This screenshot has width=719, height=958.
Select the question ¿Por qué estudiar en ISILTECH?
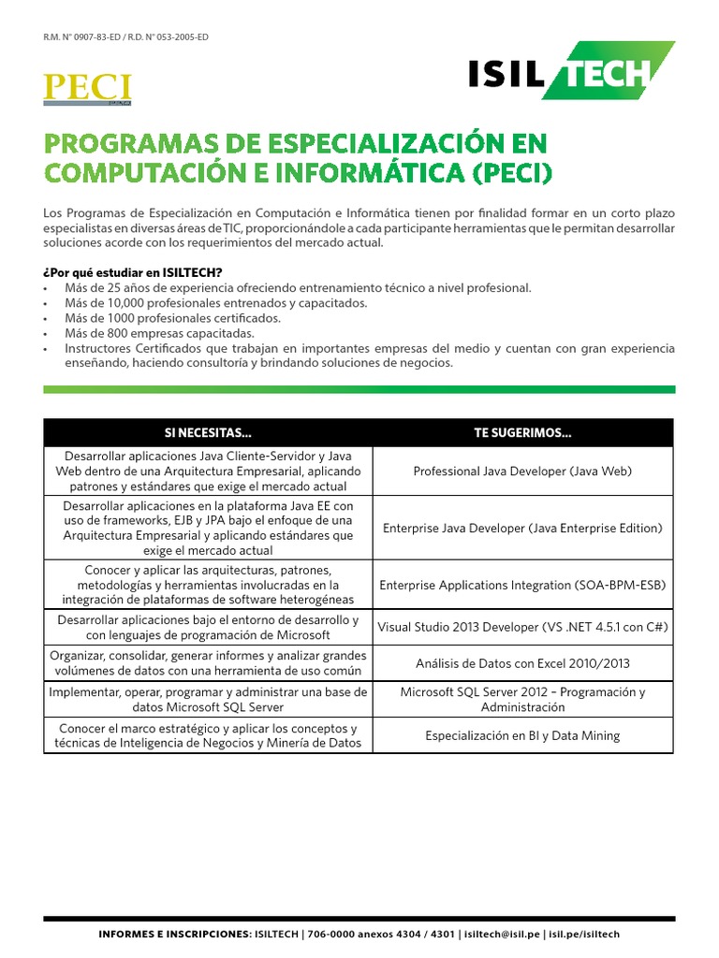(132, 272)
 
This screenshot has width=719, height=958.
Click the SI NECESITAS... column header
(208, 433)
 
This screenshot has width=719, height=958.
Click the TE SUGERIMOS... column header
(522, 433)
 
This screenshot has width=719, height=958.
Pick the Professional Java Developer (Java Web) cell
(522, 472)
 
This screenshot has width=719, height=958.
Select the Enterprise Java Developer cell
(522, 529)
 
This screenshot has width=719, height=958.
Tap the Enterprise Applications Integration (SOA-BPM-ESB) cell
(522, 586)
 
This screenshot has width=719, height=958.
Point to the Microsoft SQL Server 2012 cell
(522, 700)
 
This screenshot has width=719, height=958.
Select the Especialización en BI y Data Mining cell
(522, 736)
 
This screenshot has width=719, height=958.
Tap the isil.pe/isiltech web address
(584, 935)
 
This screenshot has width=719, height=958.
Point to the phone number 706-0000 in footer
(330, 935)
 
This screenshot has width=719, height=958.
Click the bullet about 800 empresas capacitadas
(159, 333)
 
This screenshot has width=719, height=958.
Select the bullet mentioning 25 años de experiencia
(298, 288)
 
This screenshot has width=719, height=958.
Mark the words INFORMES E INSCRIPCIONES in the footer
(174, 935)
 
